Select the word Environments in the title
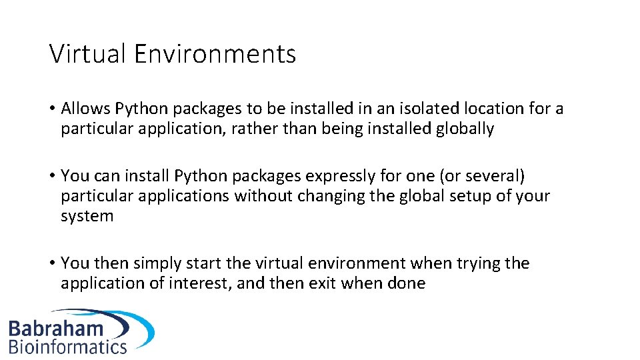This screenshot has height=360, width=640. (215, 53)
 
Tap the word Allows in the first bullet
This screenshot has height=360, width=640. (85, 108)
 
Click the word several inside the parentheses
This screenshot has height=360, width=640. (494, 176)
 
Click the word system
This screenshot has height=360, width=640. (87, 217)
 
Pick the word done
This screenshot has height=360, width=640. (405, 283)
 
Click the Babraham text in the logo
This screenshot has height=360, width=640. (56, 327)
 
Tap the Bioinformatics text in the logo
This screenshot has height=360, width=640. (67, 346)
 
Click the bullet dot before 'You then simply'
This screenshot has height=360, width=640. (51, 264)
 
